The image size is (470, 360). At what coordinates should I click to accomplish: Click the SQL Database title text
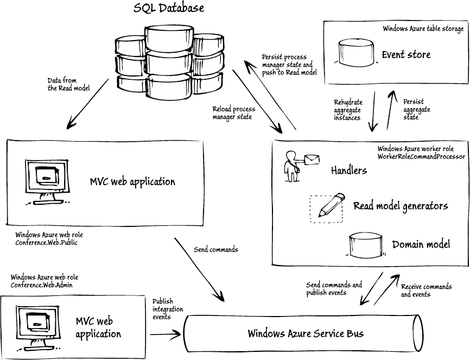(169, 8)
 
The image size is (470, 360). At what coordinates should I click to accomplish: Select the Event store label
(406, 54)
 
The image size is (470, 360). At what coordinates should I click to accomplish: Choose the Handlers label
(349, 170)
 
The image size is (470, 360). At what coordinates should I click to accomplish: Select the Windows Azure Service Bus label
(306, 333)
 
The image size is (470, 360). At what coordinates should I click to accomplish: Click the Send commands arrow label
(215, 250)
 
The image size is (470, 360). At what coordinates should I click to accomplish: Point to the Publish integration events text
(168, 309)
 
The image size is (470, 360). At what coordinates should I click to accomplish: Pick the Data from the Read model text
(68, 84)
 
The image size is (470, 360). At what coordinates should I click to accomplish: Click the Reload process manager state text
(233, 113)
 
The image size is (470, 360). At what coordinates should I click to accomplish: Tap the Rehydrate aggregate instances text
(348, 110)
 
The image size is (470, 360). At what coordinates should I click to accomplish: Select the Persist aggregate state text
(417, 109)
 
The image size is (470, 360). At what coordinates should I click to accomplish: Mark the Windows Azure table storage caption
(423, 29)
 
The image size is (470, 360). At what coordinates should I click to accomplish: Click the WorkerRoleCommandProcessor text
(421, 156)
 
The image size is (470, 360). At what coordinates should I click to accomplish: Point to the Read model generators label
(401, 206)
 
